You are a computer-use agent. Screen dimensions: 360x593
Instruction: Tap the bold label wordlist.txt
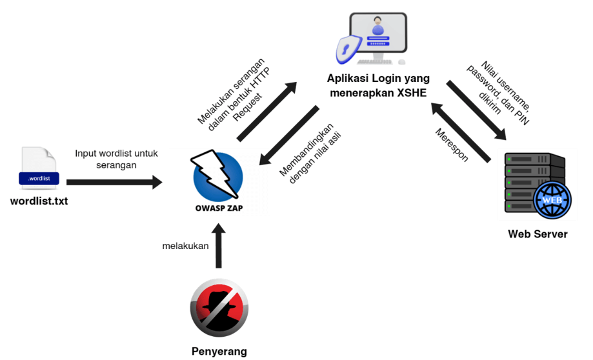39,201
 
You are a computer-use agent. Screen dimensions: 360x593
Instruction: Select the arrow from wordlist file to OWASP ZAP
114,183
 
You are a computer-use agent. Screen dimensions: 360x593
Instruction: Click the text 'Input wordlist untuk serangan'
116,159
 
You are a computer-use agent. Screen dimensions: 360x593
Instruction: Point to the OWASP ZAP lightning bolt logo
218,174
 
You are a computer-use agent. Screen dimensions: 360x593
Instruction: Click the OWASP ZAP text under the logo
219,208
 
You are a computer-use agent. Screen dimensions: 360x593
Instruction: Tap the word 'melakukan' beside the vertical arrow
185,246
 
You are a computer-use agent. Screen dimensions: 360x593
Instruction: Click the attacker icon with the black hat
219,307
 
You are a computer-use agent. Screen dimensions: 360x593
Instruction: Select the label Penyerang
219,351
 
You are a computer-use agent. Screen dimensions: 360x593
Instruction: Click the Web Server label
538,234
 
